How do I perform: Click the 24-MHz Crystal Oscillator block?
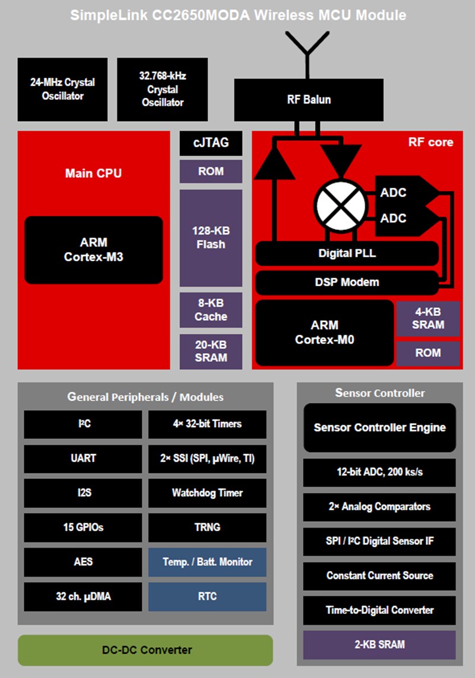click(x=62, y=89)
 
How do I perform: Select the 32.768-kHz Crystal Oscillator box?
click(x=162, y=89)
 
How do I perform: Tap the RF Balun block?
click(x=309, y=99)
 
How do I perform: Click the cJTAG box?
click(x=211, y=143)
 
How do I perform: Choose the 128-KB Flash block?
click(x=211, y=238)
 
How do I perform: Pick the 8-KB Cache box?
click(x=211, y=310)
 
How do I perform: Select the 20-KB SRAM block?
click(x=211, y=351)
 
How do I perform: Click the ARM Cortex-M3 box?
click(x=94, y=250)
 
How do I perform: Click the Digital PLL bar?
click(x=347, y=254)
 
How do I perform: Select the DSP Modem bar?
click(x=347, y=282)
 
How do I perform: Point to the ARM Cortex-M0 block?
click(x=324, y=333)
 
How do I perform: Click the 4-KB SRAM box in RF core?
click(x=428, y=318)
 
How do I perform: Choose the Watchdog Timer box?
click(x=207, y=493)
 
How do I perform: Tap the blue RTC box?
click(x=207, y=597)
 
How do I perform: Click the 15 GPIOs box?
click(x=83, y=527)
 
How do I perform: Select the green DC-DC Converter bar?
click(x=145, y=650)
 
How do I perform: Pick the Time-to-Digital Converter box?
click(x=379, y=610)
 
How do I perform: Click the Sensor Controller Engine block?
click(x=379, y=428)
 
